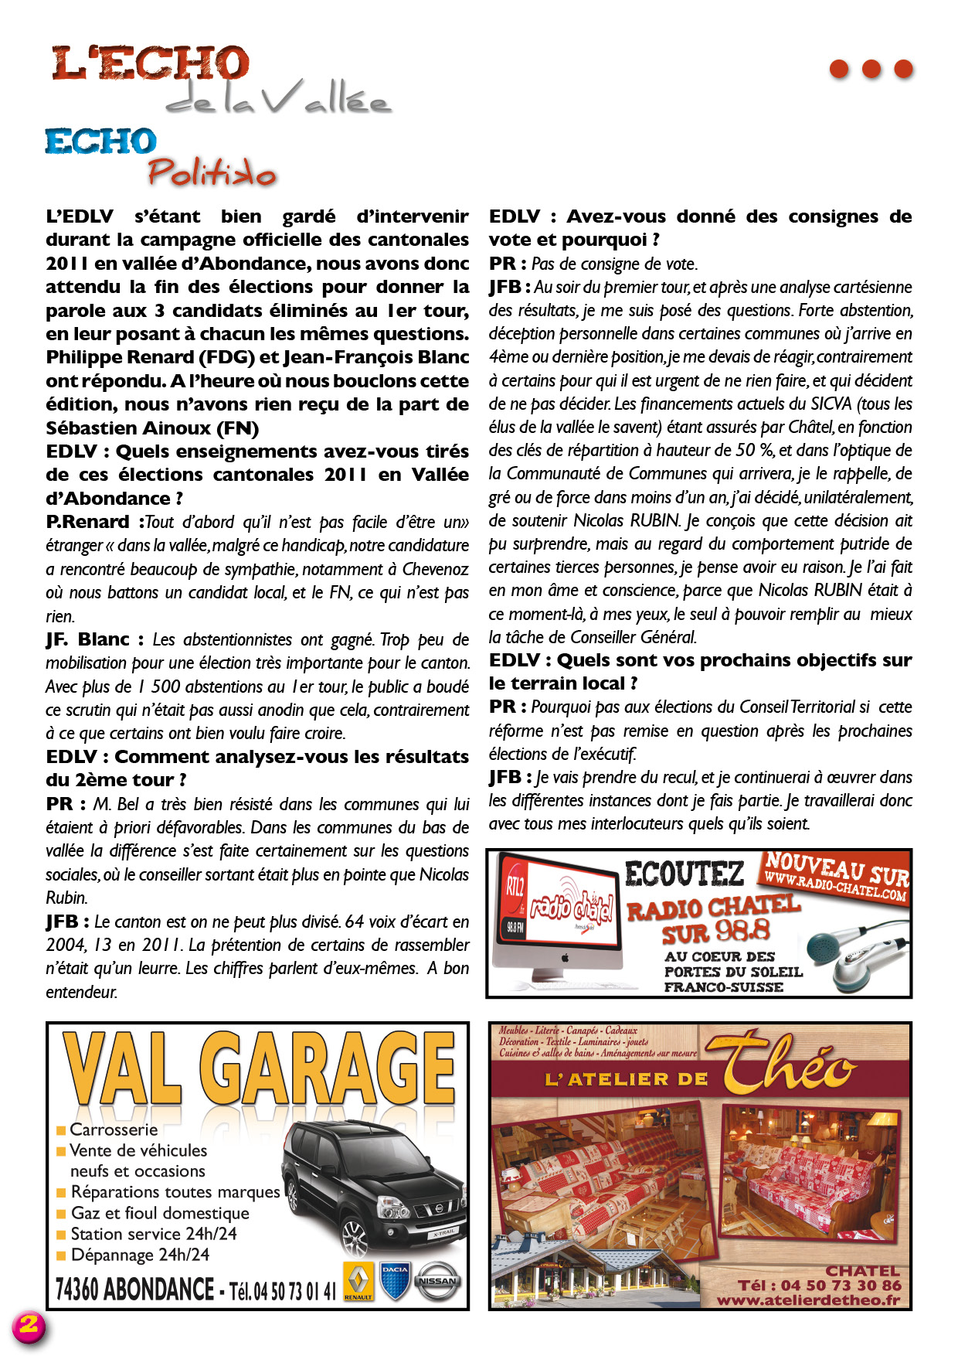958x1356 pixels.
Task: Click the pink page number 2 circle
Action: coord(29,1325)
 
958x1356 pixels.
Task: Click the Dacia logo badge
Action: coord(395,1281)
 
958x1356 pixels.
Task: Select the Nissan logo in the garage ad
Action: coord(437,1281)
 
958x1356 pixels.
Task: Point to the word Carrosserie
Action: coord(114,1129)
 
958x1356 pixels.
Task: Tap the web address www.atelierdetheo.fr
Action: coord(808,1300)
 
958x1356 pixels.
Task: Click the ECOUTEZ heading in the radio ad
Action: coord(684,874)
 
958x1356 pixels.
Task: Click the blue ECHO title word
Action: coord(100,141)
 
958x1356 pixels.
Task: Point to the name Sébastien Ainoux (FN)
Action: coord(152,428)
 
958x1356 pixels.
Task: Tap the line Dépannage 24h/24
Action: coord(140,1255)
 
